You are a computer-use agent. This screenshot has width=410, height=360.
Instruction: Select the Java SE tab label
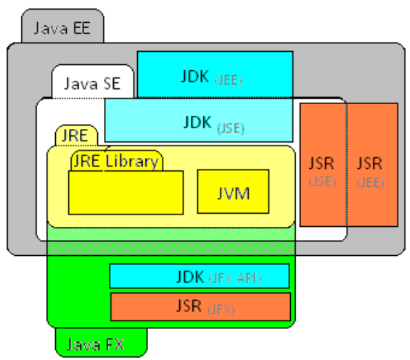(x=92, y=84)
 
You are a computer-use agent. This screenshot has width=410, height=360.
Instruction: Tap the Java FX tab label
(x=96, y=343)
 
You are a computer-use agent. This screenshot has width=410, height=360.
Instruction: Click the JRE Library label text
(x=116, y=162)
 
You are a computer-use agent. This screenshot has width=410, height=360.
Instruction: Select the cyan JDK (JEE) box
(x=215, y=74)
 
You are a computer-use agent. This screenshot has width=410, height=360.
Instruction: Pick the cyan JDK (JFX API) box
(x=200, y=277)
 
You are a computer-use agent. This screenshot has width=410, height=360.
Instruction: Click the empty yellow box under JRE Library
(x=125, y=192)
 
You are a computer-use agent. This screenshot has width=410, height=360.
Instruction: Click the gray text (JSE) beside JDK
(x=231, y=128)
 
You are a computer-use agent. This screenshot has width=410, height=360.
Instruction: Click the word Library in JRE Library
(x=132, y=162)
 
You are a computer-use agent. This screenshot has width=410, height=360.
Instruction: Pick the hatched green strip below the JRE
(x=171, y=239)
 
